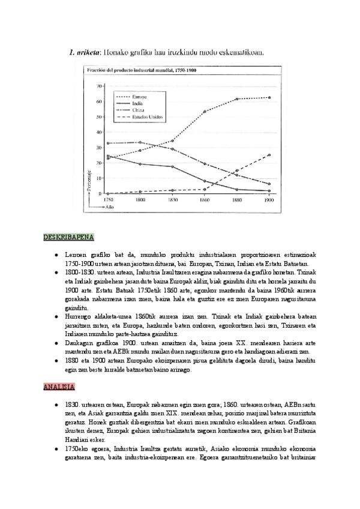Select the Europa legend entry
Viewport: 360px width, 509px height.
pyautogui.click(x=141, y=96)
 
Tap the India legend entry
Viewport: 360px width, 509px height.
pyautogui.click(x=139, y=103)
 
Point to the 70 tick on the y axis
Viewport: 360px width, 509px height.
pyautogui.click(x=99, y=86)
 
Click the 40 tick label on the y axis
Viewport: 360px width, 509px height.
pyautogui.click(x=99, y=132)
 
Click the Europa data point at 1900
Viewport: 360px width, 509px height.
pyautogui.click(x=269, y=97)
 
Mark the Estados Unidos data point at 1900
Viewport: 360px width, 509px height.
pyautogui.click(x=269, y=155)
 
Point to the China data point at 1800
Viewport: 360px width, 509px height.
pyautogui.click(x=140, y=142)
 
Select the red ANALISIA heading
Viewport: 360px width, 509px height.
pyautogui.click(x=58, y=387)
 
